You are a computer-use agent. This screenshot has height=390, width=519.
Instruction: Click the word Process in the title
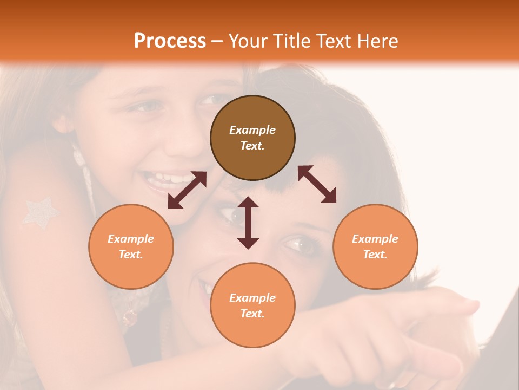coord(170,41)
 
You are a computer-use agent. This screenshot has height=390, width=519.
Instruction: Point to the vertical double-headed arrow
coord(248,223)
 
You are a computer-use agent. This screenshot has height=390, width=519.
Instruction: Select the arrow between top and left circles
coord(187,190)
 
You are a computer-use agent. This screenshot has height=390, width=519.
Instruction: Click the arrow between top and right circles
coord(317,184)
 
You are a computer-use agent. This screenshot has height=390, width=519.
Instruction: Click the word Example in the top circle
coord(252,130)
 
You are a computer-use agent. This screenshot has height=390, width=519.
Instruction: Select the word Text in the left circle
coord(131,255)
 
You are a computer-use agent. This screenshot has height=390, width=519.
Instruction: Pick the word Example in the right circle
coord(375,239)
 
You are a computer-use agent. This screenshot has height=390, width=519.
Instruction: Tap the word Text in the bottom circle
coord(252,314)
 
